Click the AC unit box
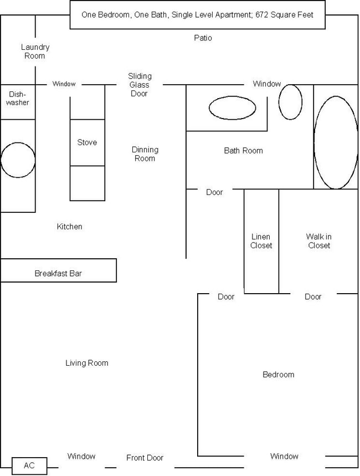(x=29, y=465)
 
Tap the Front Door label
(x=145, y=458)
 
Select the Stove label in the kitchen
(x=87, y=142)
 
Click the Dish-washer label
(x=18, y=98)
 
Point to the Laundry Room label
(x=35, y=52)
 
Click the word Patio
(x=203, y=38)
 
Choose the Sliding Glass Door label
(x=140, y=85)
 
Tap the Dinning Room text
(x=145, y=154)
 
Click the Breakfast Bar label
(x=58, y=273)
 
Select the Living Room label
(x=87, y=363)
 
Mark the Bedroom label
(x=278, y=375)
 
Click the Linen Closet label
(x=261, y=241)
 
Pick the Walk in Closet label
(x=318, y=241)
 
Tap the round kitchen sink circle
(x=18, y=160)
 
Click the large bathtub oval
(x=336, y=142)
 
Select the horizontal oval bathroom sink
(x=232, y=108)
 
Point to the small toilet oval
(x=290, y=102)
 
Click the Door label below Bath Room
(x=214, y=192)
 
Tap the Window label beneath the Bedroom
(x=284, y=456)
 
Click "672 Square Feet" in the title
(x=285, y=15)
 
